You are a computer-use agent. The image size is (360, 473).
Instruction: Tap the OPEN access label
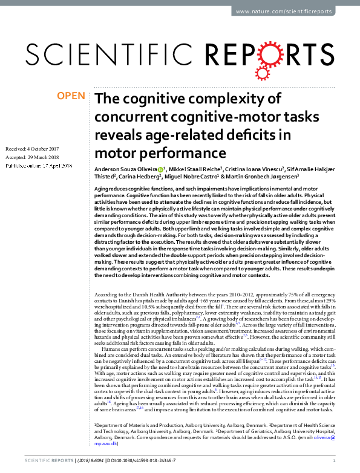pyautogui.click(x=70, y=96)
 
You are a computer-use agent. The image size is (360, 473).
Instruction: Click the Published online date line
pyautogui.click(x=38, y=165)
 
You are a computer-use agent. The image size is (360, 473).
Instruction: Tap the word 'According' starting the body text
pyautogui.click(x=108, y=293)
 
